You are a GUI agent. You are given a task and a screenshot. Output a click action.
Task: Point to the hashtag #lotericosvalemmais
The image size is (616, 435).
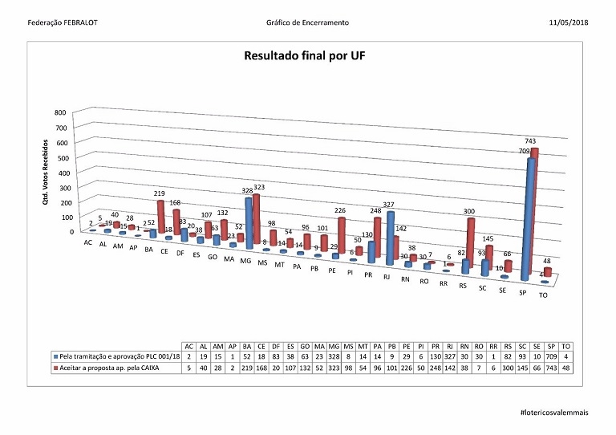(x=554, y=411)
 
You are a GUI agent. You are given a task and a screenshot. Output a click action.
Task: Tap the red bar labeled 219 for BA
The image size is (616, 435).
(x=160, y=215)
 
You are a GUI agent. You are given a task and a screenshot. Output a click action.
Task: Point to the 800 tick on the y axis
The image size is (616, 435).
(x=59, y=113)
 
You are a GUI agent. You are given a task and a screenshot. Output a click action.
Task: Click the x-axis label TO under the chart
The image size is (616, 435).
(x=543, y=295)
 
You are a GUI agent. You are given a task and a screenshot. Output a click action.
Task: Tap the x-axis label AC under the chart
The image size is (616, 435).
(x=87, y=242)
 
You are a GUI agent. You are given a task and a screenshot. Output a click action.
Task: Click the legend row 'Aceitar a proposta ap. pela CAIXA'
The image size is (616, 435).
(x=104, y=366)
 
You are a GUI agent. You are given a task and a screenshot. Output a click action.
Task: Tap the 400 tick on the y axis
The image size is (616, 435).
(x=59, y=173)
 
